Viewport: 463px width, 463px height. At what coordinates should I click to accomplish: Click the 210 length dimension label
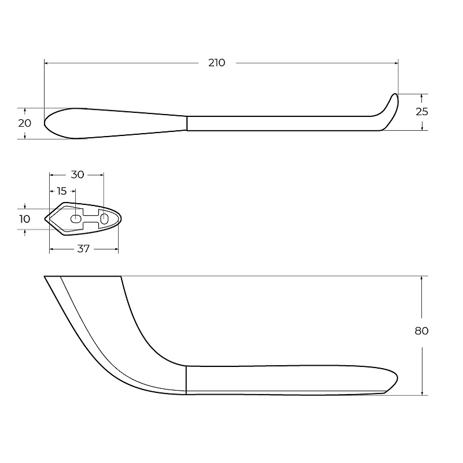pos(216,63)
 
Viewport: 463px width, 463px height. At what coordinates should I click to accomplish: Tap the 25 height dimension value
pos(422,112)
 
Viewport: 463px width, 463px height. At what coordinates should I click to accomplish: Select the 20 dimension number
pos(24,123)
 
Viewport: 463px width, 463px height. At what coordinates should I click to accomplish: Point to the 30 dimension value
pos(78,175)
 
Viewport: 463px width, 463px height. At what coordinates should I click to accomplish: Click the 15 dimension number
pos(62,192)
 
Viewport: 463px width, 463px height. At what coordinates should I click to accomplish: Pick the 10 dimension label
pos(24,219)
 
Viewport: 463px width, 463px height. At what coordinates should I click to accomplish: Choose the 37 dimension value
pos(83,249)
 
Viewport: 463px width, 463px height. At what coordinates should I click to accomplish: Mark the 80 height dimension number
pos(422,331)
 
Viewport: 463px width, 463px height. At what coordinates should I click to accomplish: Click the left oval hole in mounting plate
pos(76,219)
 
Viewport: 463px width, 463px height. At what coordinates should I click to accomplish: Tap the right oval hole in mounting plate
pos(105,219)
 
